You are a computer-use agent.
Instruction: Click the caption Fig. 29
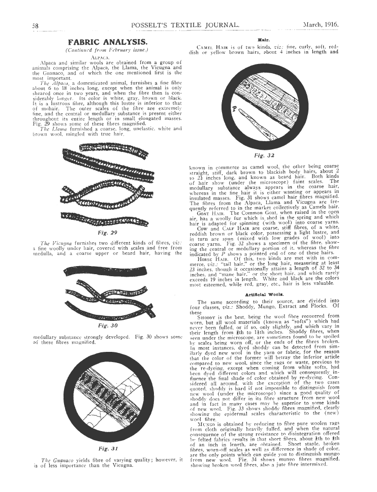pos(108,233)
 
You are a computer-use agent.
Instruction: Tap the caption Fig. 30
pos(108,325)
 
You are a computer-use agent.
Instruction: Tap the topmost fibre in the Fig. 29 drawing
pos(108,149)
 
